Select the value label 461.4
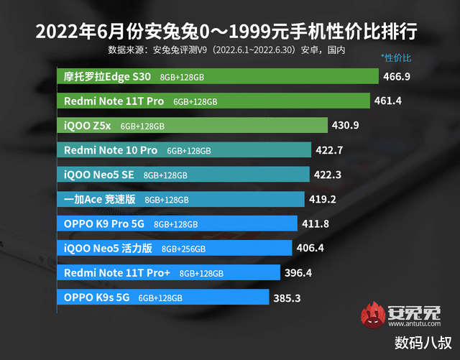click(389, 101)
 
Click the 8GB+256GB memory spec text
click(184, 249)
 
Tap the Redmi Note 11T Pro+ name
click(117, 273)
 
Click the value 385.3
click(287, 297)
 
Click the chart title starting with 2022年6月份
click(229, 32)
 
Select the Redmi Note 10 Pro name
click(111, 150)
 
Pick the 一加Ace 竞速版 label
click(100, 200)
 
